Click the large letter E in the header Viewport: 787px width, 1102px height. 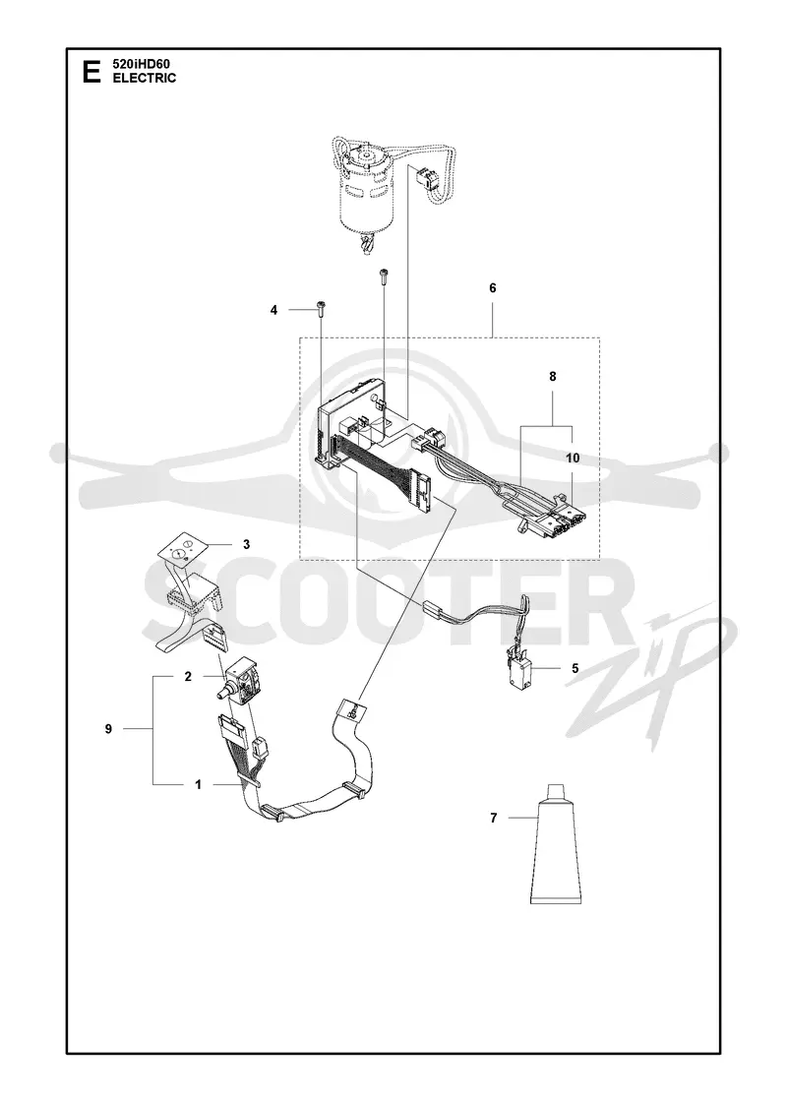[x=91, y=72]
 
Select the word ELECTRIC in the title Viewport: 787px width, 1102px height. [x=145, y=78]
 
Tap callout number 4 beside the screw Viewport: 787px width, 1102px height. [x=274, y=310]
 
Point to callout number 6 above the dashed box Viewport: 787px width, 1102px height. [x=493, y=288]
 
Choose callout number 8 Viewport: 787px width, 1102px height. [x=552, y=377]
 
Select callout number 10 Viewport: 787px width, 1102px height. [x=573, y=459]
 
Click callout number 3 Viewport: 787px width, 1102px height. [x=246, y=544]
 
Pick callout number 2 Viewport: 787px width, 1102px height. [x=188, y=677]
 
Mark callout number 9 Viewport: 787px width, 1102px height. [x=108, y=729]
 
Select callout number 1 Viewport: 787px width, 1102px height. [x=198, y=784]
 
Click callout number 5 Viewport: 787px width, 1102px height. [x=575, y=668]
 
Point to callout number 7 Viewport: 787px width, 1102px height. [x=493, y=818]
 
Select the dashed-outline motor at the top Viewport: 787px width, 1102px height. [x=366, y=191]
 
